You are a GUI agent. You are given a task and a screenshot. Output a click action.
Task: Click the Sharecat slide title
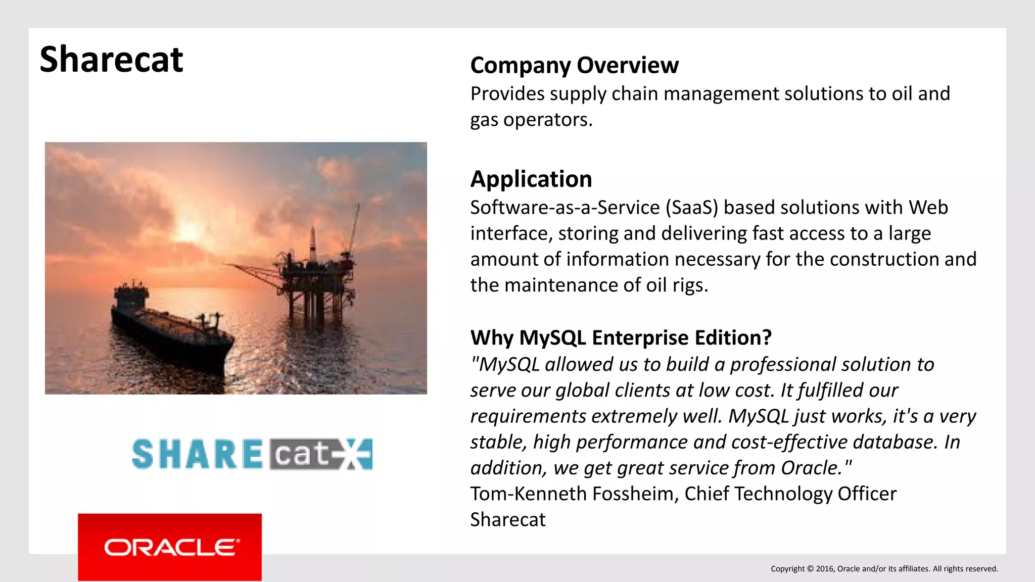tap(111, 60)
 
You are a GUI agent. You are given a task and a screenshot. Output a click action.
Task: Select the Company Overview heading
tap(574, 65)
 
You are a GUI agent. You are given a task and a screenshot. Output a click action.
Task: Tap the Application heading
tap(531, 179)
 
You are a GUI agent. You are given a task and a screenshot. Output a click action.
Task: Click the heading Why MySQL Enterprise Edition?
tap(621, 337)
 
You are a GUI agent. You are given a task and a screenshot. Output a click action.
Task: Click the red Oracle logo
tap(170, 547)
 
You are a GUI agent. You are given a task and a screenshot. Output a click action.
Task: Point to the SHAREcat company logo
tap(252, 454)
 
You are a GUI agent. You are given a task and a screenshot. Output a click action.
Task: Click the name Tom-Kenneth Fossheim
tap(574, 494)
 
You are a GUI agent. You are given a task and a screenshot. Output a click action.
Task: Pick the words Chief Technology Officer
tap(790, 494)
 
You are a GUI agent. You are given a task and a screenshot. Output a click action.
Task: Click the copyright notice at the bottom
tap(884, 569)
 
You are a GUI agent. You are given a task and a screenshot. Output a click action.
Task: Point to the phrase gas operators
tap(531, 120)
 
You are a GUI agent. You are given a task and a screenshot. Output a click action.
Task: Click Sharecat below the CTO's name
tap(507, 520)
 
